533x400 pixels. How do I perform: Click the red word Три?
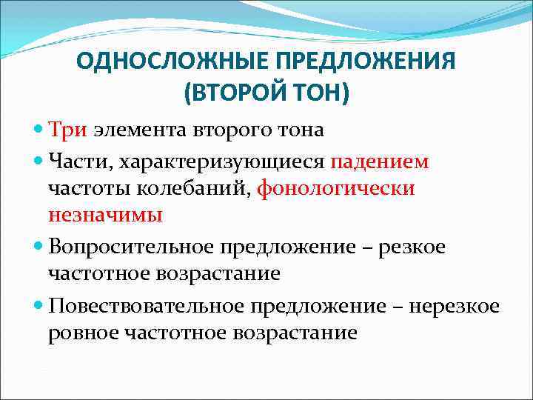click(69, 130)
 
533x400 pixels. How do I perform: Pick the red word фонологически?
click(335, 189)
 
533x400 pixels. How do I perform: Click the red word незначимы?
click(105, 215)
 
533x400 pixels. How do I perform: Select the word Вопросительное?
click(131, 246)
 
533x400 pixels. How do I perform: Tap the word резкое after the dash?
click(412, 247)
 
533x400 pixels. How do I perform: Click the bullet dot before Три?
click(38, 130)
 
